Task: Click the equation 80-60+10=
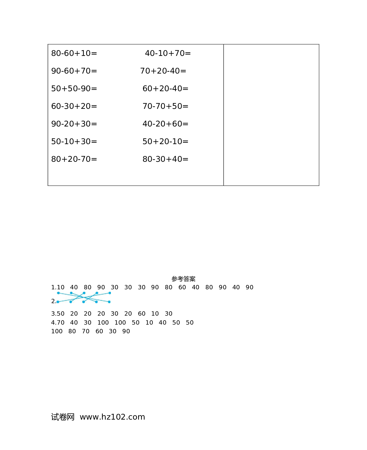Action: click(74, 53)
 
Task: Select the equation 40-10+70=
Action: click(168, 53)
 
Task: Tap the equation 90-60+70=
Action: click(74, 71)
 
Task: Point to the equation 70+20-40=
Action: click(163, 71)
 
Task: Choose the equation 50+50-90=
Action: click(74, 88)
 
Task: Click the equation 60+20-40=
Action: click(165, 88)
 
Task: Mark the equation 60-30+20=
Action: click(74, 106)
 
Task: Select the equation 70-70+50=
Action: click(165, 106)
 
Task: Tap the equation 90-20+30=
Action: click(74, 124)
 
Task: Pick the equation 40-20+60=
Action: click(165, 124)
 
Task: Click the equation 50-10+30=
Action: click(74, 141)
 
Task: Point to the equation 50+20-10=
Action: click(165, 141)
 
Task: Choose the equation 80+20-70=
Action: click(74, 159)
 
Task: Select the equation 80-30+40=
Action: click(165, 159)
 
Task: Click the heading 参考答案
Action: click(183, 279)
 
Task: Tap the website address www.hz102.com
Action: click(112, 417)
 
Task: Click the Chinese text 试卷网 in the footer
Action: click(63, 417)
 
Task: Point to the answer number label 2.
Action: click(54, 301)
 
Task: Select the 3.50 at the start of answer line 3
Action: click(58, 314)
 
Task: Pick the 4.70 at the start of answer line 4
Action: click(58, 323)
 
